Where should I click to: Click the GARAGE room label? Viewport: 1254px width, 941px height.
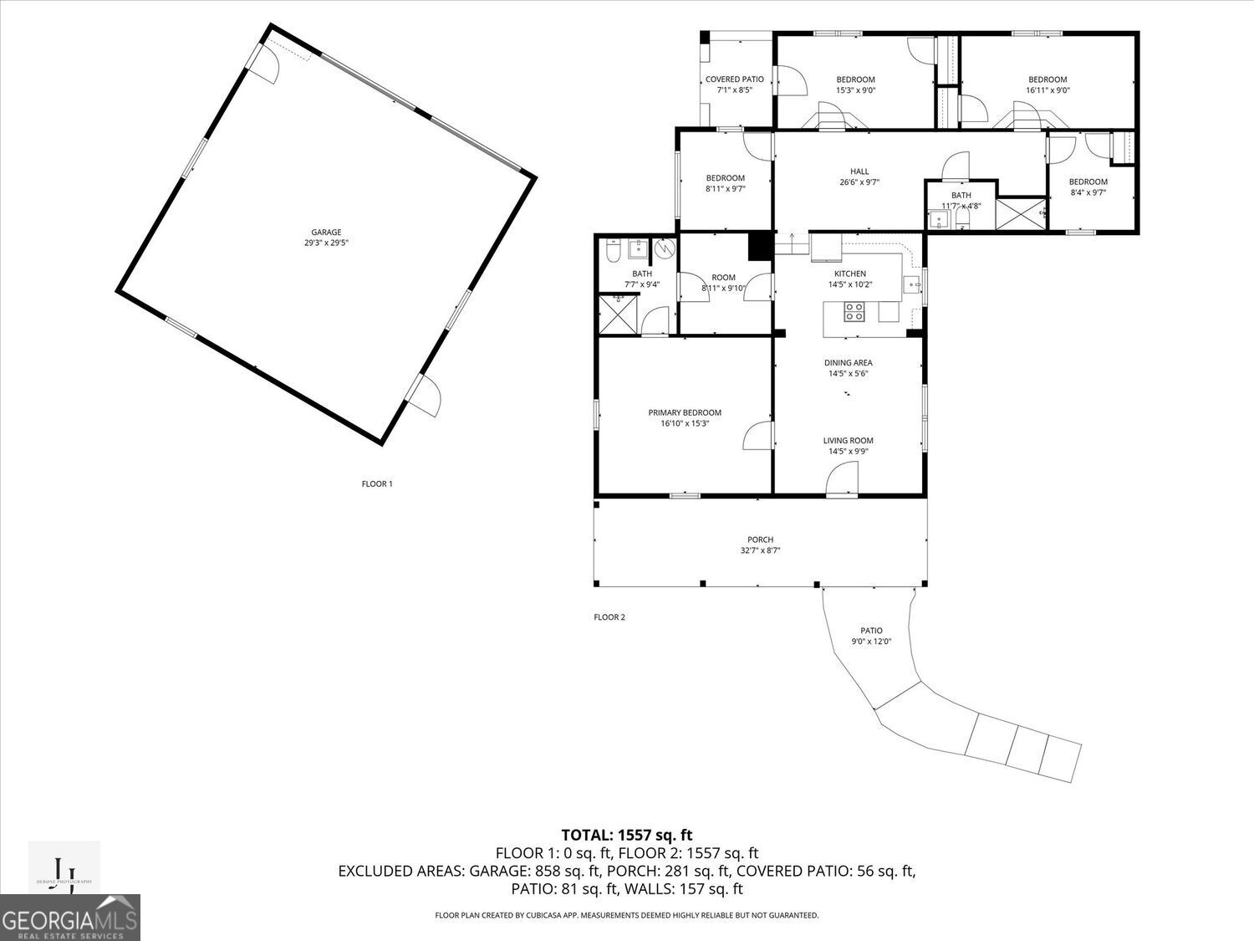click(326, 233)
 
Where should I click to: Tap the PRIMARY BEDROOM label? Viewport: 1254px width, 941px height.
click(685, 412)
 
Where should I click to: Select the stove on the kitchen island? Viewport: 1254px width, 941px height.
click(854, 313)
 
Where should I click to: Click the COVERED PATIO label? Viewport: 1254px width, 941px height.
click(734, 79)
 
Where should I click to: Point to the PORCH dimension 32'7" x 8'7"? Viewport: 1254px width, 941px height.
click(760, 550)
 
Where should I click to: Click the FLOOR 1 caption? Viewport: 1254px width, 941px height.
click(376, 483)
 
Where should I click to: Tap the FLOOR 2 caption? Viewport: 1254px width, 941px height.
click(609, 617)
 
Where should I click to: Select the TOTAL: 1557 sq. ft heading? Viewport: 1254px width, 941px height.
click(626, 835)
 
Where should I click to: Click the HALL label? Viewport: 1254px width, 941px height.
click(859, 171)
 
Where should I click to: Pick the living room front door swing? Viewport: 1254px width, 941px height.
click(842, 481)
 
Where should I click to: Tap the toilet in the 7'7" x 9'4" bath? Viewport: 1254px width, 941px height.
click(612, 250)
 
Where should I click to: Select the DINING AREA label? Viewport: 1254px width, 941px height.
click(848, 363)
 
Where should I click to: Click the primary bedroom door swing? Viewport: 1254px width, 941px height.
click(757, 436)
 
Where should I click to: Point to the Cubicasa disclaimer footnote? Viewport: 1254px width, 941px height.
click(626, 915)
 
